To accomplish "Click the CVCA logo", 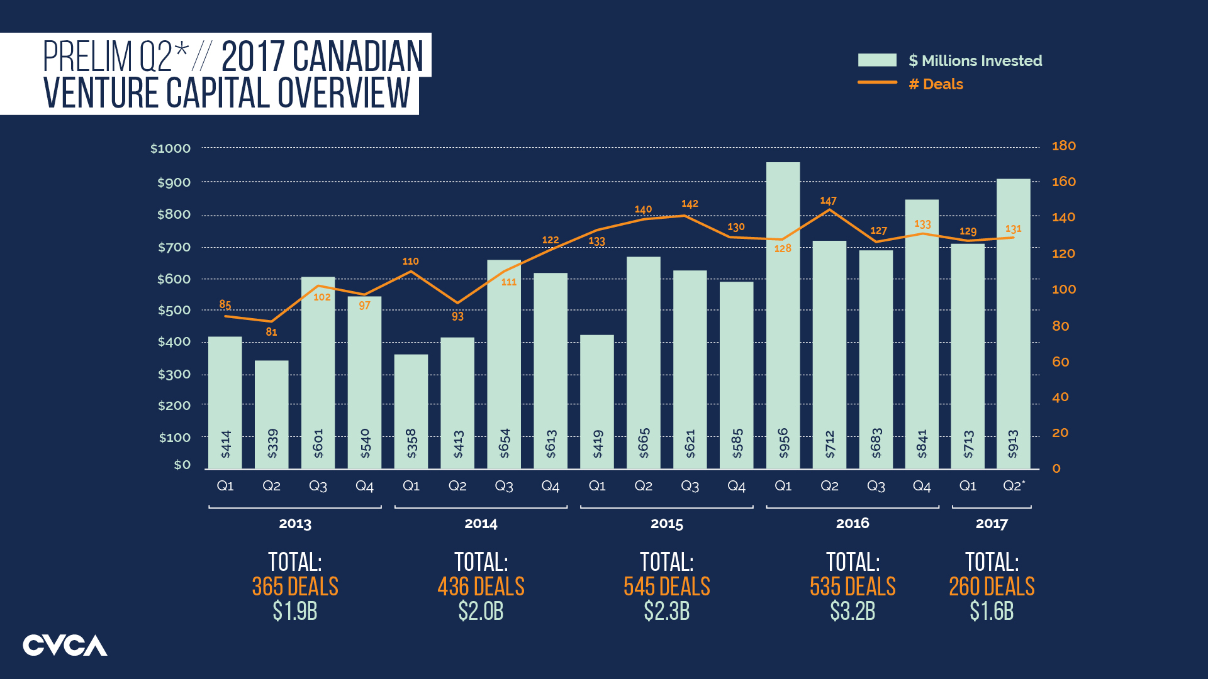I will click(x=65, y=646).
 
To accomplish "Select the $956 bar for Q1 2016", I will click(x=783, y=314).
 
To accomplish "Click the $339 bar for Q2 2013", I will click(x=271, y=415).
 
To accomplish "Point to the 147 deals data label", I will click(x=828, y=201).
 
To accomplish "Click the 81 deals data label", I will click(x=271, y=332).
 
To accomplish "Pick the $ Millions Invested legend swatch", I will click(x=877, y=60).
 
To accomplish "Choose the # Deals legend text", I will click(x=936, y=84).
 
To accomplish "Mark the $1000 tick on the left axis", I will click(x=171, y=148).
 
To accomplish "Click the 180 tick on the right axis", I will click(x=1064, y=146).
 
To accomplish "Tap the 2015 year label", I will click(x=666, y=524).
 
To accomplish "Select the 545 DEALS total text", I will click(x=666, y=587).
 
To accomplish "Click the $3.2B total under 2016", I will click(x=852, y=611).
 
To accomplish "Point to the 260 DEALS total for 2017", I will click(x=991, y=587).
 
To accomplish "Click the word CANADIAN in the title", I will click(x=358, y=57).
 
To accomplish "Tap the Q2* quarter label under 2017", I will click(x=1013, y=486).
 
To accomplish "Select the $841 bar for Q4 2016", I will click(x=922, y=333).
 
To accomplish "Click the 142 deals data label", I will click(x=690, y=204).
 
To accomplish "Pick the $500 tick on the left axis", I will click(x=174, y=310).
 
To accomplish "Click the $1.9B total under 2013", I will click(x=294, y=611).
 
